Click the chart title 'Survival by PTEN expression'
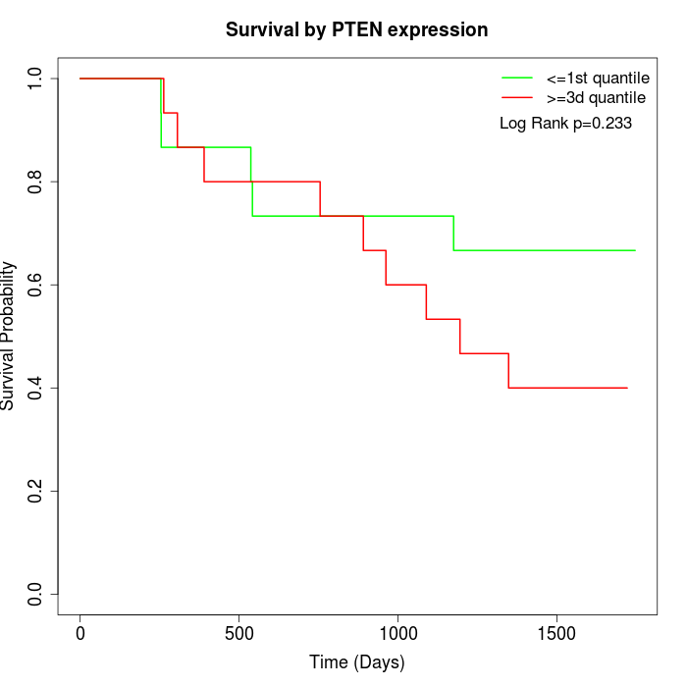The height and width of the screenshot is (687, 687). [356, 30]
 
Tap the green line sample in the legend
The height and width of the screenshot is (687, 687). [517, 78]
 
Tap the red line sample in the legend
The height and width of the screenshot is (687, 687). [517, 98]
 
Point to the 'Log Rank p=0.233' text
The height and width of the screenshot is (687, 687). [565, 124]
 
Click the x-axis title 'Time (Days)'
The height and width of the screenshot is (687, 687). [356, 663]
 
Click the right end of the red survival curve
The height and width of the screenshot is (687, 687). [627, 388]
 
